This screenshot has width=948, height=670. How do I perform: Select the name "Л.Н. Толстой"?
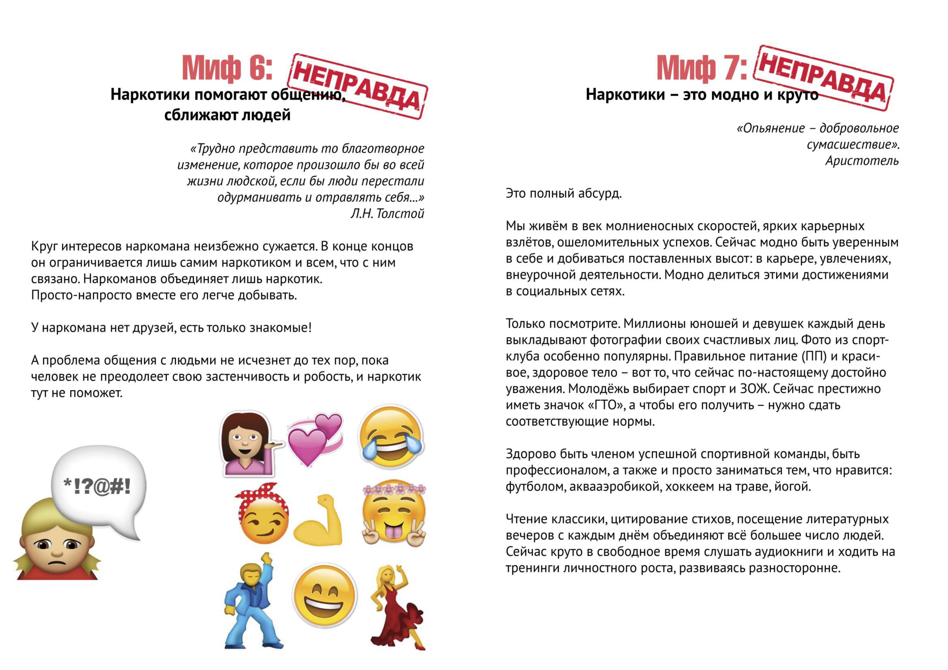click(387, 213)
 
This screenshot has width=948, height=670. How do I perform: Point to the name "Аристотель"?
click(862, 160)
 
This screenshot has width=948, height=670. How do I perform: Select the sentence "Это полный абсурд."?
click(563, 193)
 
